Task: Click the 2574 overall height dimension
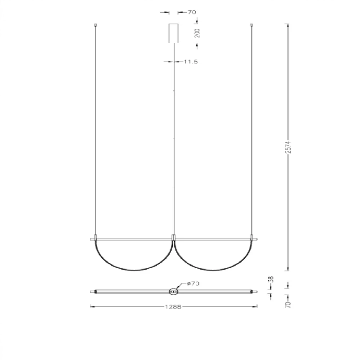(x=288, y=148)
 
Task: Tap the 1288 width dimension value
(x=173, y=307)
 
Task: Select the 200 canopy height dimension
(x=197, y=33)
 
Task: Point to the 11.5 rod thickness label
(x=191, y=62)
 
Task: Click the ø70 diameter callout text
(x=193, y=283)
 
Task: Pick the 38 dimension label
(x=271, y=279)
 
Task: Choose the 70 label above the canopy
(x=192, y=12)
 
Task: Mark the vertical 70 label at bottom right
(x=288, y=305)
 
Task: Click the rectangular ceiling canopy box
(x=174, y=33)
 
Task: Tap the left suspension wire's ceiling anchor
(x=95, y=25)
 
